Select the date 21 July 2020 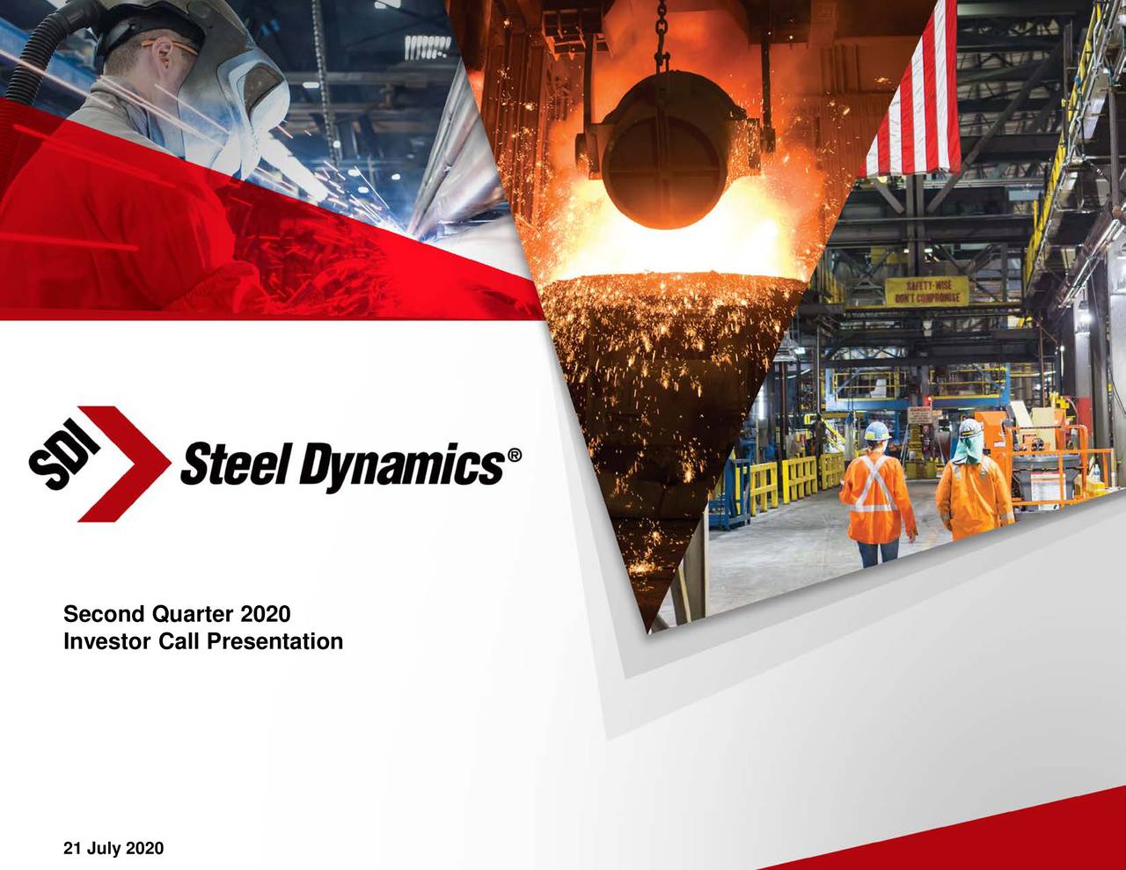point(113,848)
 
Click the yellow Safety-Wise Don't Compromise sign point(925,291)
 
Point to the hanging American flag point(915,97)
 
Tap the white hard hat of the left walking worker point(877,430)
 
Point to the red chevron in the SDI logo point(132,464)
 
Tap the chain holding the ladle point(662,35)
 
